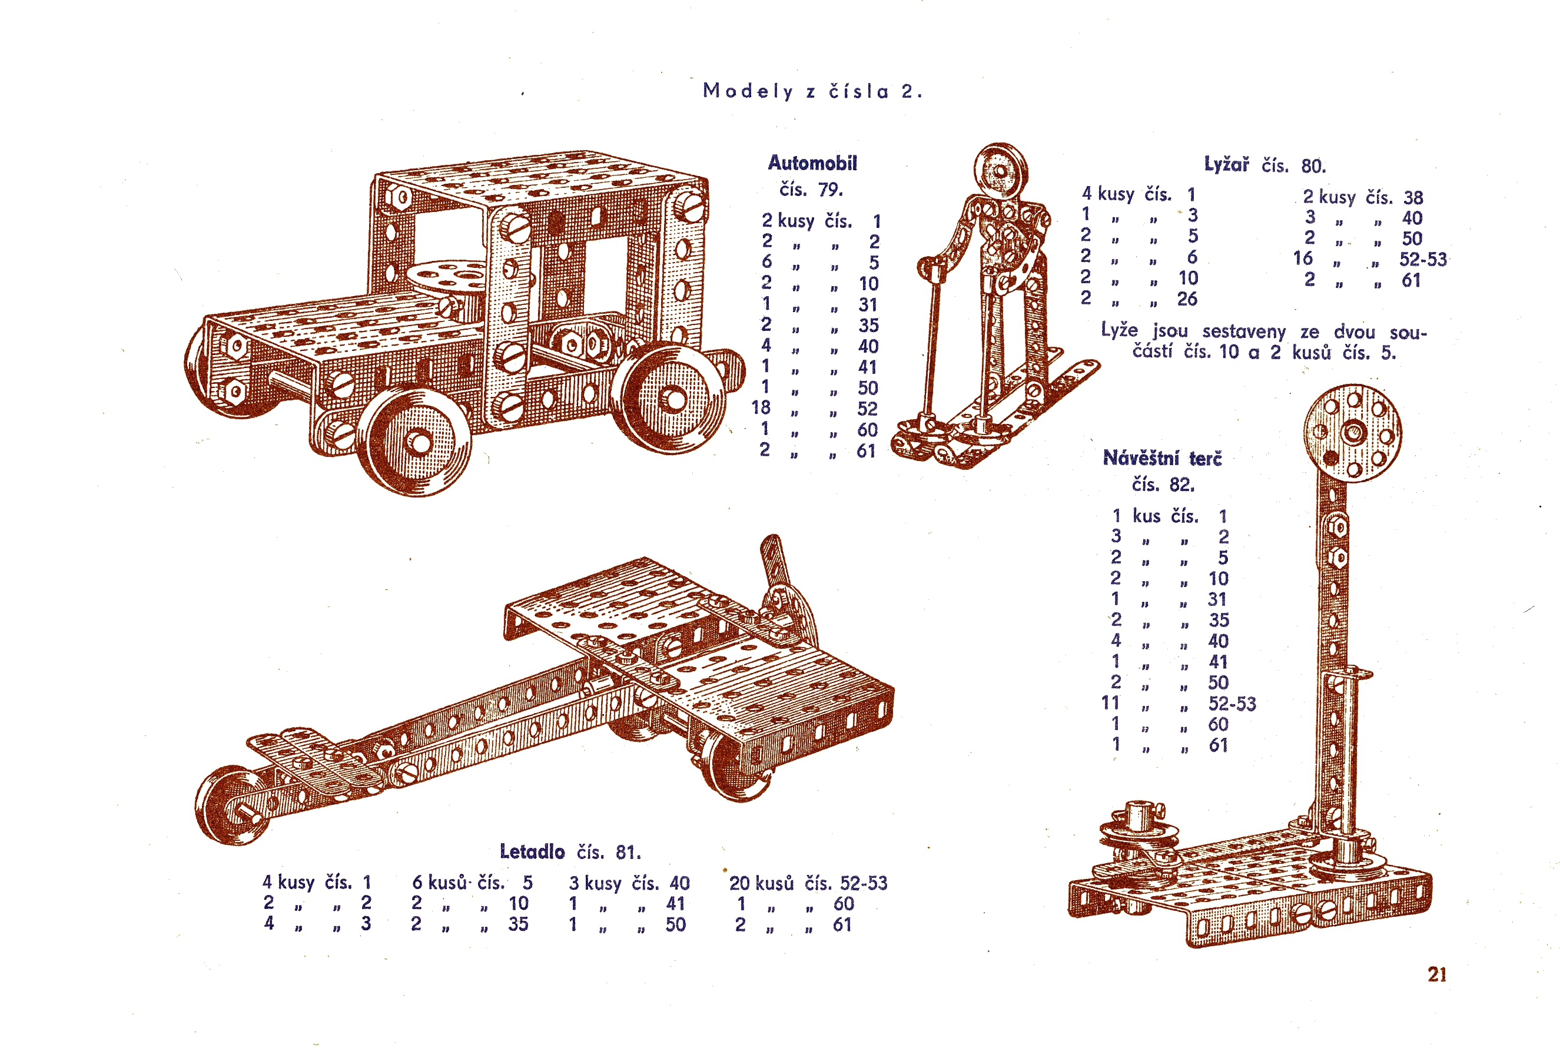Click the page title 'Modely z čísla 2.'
[x=813, y=91]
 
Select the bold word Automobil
[x=812, y=163]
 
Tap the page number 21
[x=1437, y=974]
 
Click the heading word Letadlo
[x=532, y=851]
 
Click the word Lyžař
[x=1226, y=164]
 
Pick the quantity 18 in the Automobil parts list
[x=761, y=407]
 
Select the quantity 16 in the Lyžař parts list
[x=1303, y=258]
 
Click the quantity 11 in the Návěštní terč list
[x=1111, y=702]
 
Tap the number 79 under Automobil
[x=830, y=190]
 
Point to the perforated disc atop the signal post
[x=1353, y=433]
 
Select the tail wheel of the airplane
[x=231, y=805]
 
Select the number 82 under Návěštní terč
[x=1182, y=484]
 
